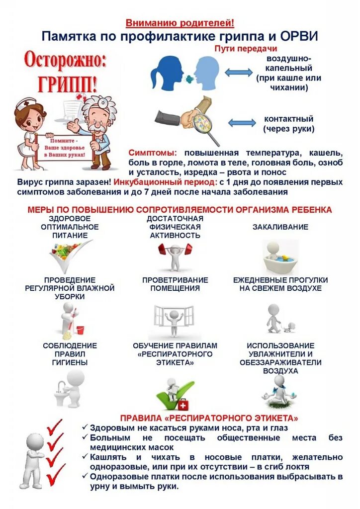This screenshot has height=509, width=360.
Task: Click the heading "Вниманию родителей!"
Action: click(180, 23)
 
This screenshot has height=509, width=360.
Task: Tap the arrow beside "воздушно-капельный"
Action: click(239, 73)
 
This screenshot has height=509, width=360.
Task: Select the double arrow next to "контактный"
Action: click(242, 123)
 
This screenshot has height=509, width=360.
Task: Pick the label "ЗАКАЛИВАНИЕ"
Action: click(280, 227)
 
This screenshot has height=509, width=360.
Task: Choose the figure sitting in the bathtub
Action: click(279, 256)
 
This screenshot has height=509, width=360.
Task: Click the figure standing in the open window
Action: click(174, 321)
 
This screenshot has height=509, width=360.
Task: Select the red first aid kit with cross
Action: click(183, 403)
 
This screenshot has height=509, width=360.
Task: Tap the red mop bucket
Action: click(80, 329)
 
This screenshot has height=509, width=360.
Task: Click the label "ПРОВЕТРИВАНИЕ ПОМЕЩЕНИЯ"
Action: click(175, 284)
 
